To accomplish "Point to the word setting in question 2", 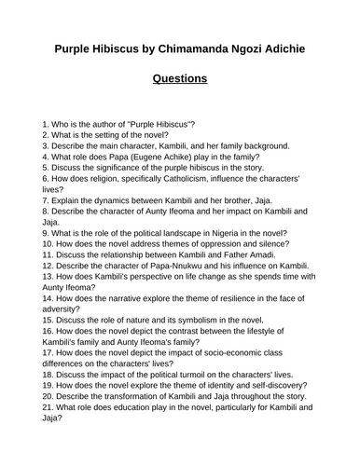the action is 116,136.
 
